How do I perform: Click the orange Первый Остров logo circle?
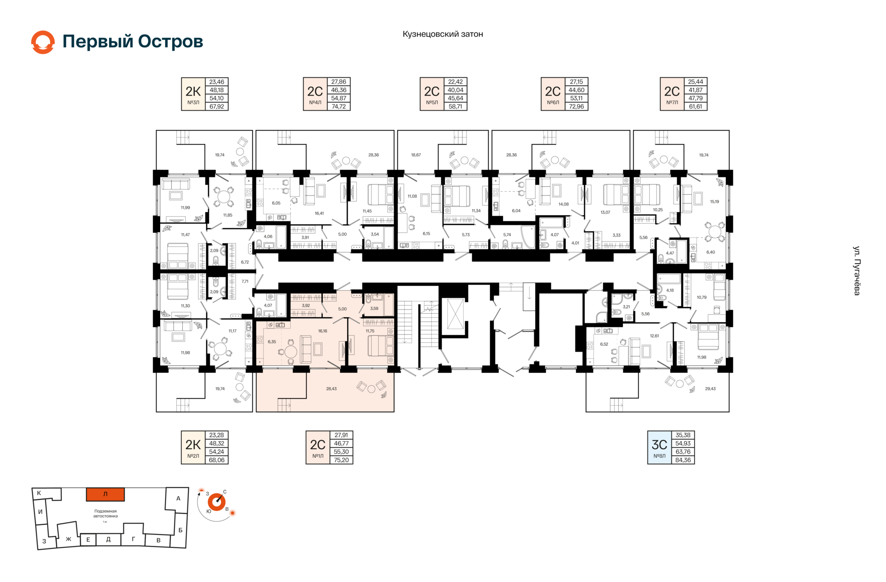point(43,42)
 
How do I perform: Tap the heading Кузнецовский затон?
point(443,34)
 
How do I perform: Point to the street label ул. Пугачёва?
point(856,271)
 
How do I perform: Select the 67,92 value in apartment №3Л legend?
point(216,107)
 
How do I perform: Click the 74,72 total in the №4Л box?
point(339,107)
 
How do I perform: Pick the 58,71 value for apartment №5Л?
point(455,107)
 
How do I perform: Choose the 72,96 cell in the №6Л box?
point(576,107)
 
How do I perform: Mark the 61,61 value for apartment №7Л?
point(695,107)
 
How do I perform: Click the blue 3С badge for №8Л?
point(659,448)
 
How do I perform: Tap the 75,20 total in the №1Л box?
point(341,460)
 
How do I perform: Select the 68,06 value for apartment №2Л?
point(216,460)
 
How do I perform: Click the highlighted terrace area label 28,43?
point(331,389)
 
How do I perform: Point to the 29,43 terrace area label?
point(710,389)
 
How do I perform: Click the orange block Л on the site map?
point(105,494)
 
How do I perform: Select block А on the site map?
point(178,499)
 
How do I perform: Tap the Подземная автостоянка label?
point(105,514)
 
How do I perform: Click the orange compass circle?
point(216,502)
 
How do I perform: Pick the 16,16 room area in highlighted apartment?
point(323,331)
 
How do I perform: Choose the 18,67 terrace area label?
point(416,155)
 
